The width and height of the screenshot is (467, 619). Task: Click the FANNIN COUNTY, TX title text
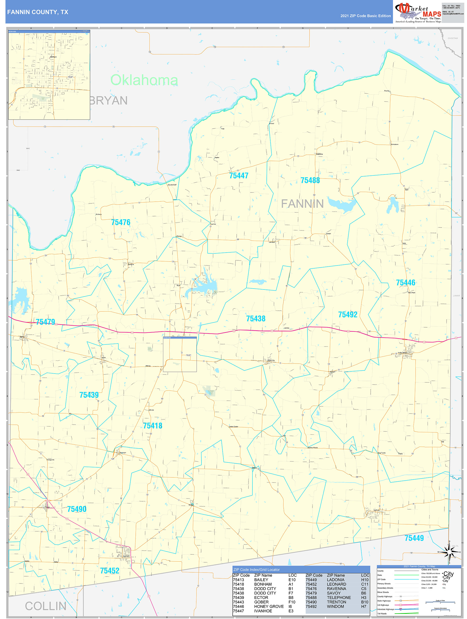click(x=38, y=12)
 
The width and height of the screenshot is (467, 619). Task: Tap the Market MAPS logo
click(x=418, y=13)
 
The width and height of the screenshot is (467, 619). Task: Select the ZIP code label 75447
click(x=239, y=176)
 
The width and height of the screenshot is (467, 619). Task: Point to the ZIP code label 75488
click(x=310, y=180)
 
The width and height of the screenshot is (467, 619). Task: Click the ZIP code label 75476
click(x=121, y=222)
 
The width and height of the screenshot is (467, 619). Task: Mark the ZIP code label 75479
click(x=45, y=322)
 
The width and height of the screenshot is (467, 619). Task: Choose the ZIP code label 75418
click(x=152, y=426)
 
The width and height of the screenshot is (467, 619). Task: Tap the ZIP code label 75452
click(x=110, y=571)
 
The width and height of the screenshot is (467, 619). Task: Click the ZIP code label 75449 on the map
click(x=414, y=538)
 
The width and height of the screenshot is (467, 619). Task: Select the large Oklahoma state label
click(x=144, y=80)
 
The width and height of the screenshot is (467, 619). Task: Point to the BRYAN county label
click(x=109, y=101)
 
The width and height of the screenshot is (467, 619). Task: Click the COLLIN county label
click(x=46, y=606)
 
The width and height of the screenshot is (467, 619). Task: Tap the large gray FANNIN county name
click(x=302, y=204)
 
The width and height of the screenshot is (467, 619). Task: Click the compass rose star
click(x=449, y=552)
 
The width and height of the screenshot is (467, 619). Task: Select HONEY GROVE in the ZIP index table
click(x=269, y=606)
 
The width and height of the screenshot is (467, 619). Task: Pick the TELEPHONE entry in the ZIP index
click(x=339, y=597)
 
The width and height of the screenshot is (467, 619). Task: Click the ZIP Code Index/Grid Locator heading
click(x=256, y=569)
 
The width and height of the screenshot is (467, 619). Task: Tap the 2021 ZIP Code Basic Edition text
click(x=365, y=16)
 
